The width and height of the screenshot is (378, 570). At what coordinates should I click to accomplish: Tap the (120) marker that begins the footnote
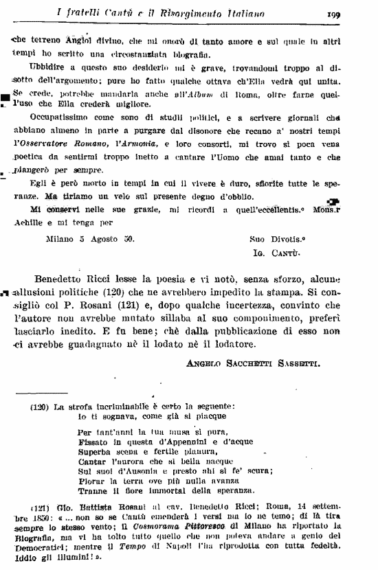click(39, 407)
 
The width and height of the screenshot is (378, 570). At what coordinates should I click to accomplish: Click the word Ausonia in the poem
click(143, 470)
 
